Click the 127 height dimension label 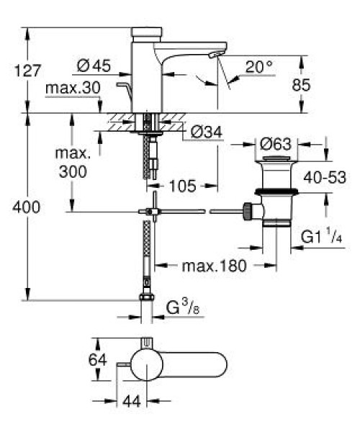point(27,71)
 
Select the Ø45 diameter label point(94,66)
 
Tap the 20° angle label point(259,66)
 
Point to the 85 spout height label point(301,85)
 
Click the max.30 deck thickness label point(73,88)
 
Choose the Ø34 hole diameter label point(207,132)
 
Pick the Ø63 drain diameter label point(276,144)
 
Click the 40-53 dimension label point(325,177)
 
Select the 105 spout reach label point(183,186)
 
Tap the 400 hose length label point(27,207)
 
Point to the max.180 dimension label point(214,266)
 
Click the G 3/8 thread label point(183,307)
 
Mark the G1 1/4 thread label point(321,235)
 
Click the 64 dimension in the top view point(97,359)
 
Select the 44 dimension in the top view point(132,402)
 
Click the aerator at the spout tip point(215,55)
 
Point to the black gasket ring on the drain point(276,192)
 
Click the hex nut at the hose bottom point(147,297)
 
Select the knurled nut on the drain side point(248,211)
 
